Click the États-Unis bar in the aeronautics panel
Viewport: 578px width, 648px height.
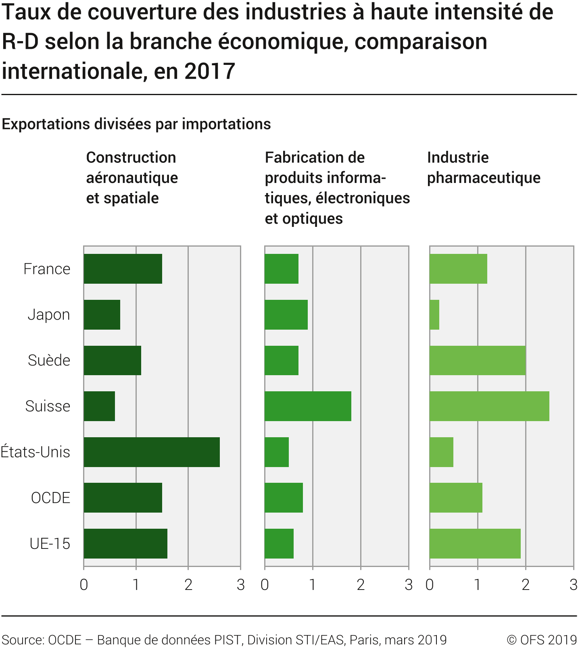pos(152,452)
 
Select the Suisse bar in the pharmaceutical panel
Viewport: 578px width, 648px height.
pos(489,406)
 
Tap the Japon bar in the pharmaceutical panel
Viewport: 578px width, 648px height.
pos(434,314)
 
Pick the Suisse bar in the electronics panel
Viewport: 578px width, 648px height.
pos(308,406)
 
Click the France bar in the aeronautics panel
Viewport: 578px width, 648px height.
pos(123,268)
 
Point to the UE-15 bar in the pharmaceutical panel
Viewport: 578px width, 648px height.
pos(475,543)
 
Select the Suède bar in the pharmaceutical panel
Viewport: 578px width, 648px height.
pos(478,360)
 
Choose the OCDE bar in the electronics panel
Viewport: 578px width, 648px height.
pos(284,497)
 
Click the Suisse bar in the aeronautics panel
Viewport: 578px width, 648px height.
pos(99,406)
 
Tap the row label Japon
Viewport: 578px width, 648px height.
pos(49,314)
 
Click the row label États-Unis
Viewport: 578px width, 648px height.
pos(35,452)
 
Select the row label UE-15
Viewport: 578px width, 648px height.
pos(50,544)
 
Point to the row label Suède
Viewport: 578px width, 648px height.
pos(49,360)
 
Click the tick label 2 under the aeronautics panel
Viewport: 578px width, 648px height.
pos(188,584)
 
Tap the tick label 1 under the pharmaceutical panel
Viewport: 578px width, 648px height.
pos(478,584)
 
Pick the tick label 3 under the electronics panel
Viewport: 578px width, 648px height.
pos(409,584)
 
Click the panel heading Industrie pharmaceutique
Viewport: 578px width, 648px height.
pos(484,168)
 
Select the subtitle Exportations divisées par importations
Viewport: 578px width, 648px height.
pos(136,124)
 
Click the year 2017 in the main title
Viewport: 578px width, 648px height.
pos(210,71)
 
